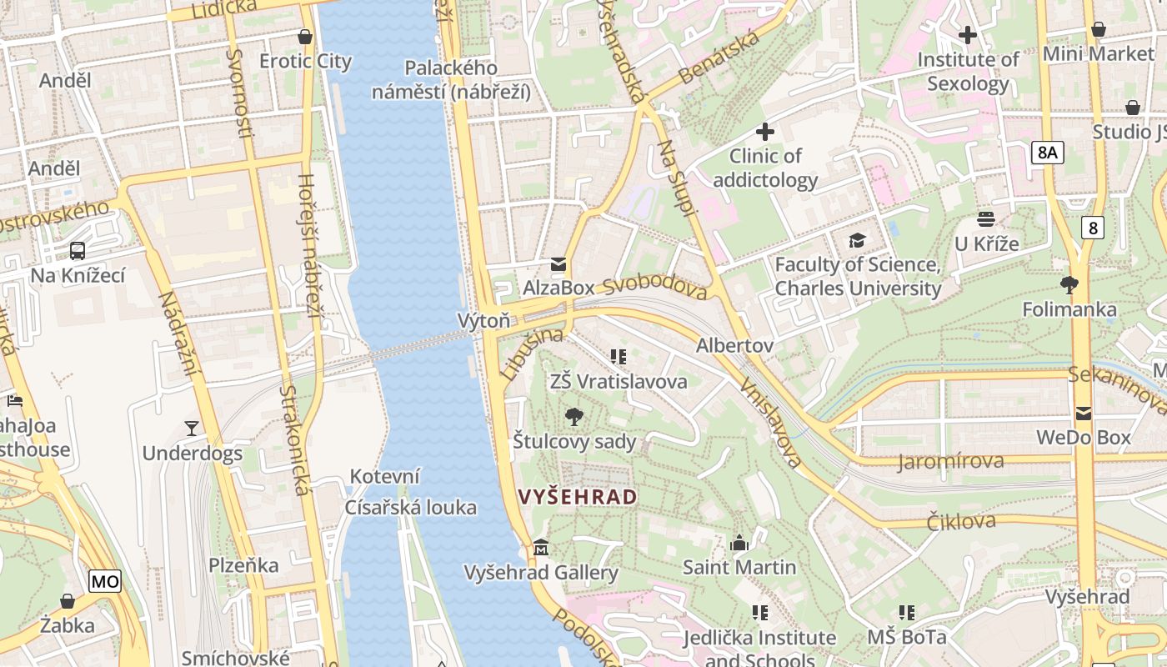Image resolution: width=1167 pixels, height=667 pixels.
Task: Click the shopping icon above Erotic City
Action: coord(305,37)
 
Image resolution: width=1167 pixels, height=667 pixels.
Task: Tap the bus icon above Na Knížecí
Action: coord(78,250)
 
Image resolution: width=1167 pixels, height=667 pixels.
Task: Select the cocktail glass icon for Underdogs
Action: coord(192,429)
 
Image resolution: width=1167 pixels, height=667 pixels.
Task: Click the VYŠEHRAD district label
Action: coord(578,498)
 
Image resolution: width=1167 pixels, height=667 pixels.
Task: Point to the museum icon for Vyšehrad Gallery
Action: coord(541,548)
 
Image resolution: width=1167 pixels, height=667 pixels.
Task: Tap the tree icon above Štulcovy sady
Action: coord(573,417)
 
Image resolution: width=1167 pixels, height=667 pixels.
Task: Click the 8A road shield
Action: coord(1048,152)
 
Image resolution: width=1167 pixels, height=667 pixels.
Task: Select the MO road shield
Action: coord(105,581)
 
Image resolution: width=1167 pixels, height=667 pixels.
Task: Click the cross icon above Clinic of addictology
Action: coord(764,132)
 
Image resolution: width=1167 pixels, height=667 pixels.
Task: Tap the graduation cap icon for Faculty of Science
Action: coord(857,241)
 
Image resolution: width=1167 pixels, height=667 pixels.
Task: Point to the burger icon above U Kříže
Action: coord(986,219)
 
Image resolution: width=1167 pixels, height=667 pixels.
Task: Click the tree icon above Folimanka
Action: coord(1069,285)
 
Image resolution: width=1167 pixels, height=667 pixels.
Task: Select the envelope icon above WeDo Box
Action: coord(1083,413)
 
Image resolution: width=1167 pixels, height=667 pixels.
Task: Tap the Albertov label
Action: coord(734,345)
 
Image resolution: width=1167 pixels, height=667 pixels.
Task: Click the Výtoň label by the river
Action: coord(483,321)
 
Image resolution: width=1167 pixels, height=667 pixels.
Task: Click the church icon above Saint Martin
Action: coord(739,544)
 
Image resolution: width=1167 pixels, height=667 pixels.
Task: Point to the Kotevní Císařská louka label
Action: coord(412,492)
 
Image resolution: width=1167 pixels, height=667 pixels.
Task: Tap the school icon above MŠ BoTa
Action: coord(907,613)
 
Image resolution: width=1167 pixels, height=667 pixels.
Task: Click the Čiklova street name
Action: coord(961,522)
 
